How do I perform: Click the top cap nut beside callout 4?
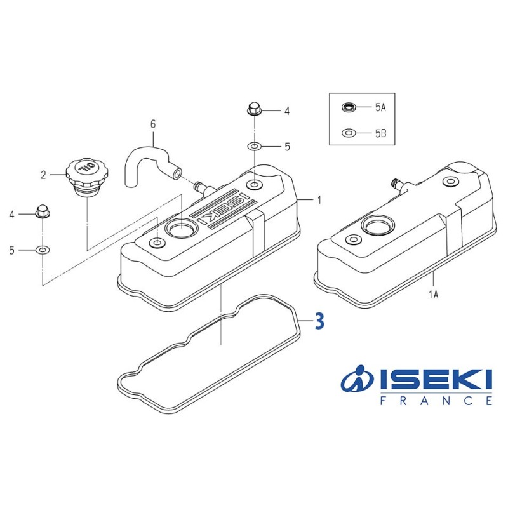click(253, 109)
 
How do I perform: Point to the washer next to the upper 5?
click(253, 147)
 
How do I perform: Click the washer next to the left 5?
click(42, 250)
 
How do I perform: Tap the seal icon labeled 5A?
click(349, 107)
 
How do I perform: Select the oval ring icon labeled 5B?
click(349, 133)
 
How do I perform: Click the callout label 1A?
click(434, 294)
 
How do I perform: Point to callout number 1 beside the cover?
click(319, 200)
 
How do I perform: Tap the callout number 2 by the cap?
click(44, 175)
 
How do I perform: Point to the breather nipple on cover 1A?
click(396, 184)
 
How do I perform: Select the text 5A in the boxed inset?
click(380, 108)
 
